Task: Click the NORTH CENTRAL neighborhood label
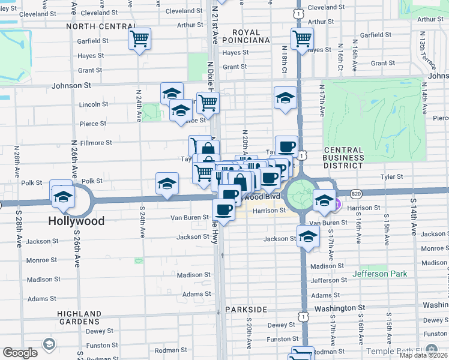pyautogui.click(x=101, y=26)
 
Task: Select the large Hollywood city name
pyautogui.click(x=76, y=221)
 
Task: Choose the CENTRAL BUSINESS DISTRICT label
pyautogui.click(x=343, y=157)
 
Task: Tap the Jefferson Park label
pyautogui.click(x=380, y=274)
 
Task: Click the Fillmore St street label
pyautogui.click(x=97, y=143)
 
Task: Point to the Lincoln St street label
pyautogui.click(x=93, y=104)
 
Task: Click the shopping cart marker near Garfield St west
pyautogui.click(x=139, y=40)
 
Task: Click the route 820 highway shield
pyautogui.click(x=356, y=193)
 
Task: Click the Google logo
pyautogui.click(x=20, y=353)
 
